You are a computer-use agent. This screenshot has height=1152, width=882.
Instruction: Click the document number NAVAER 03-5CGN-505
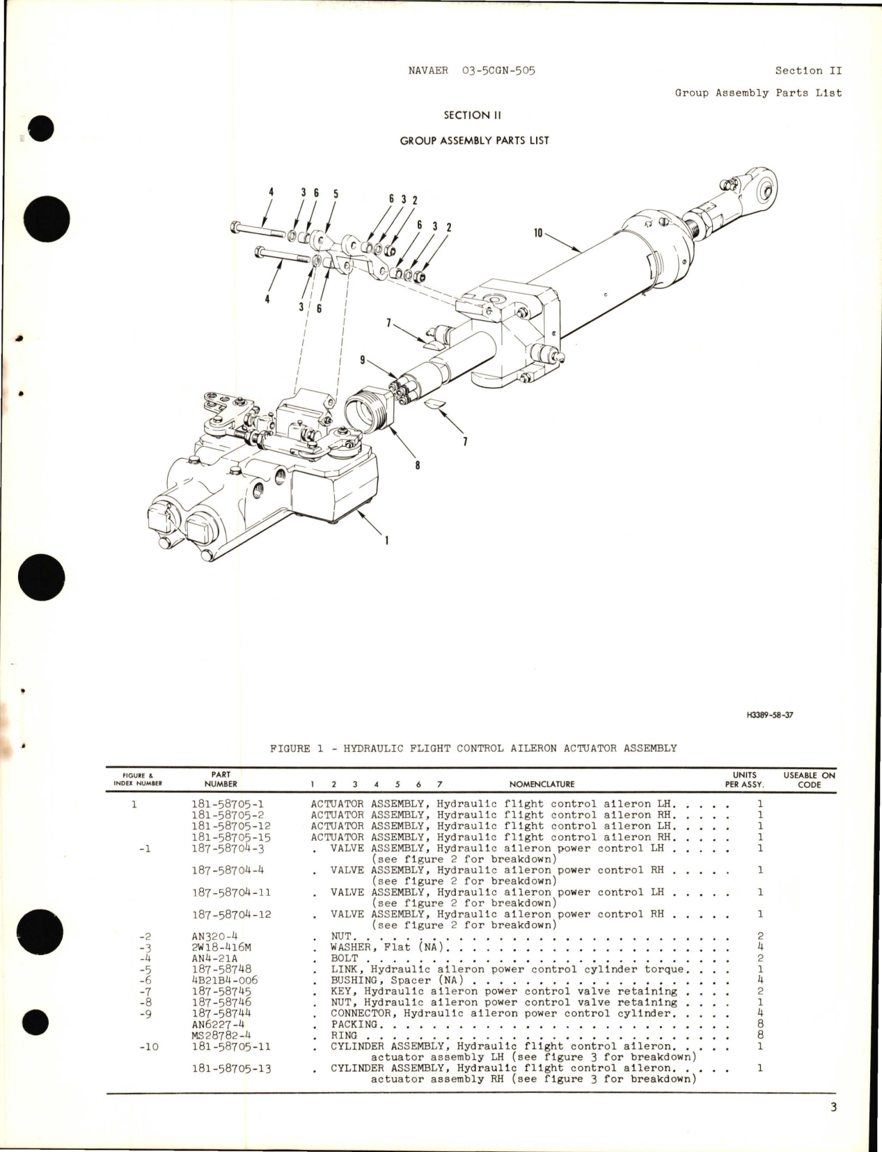tap(473, 70)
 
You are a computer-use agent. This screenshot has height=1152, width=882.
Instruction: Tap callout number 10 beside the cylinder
tap(537, 232)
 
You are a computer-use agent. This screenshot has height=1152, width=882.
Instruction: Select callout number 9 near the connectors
tap(363, 361)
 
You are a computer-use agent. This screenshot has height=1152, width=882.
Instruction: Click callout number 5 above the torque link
tap(336, 194)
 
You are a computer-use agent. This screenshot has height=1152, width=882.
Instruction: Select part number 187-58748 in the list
tap(221, 969)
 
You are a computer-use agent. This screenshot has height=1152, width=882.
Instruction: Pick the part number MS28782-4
tap(220, 1035)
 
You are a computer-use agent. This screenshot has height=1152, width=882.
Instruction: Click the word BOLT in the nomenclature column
tap(344, 958)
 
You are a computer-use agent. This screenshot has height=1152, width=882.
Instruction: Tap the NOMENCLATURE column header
tap(542, 784)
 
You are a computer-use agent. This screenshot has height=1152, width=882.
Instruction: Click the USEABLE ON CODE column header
tap(809, 780)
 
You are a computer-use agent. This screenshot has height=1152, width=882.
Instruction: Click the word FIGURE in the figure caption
tap(290, 748)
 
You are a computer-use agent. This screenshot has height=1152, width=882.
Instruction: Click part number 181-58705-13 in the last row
tap(231, 1068)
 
